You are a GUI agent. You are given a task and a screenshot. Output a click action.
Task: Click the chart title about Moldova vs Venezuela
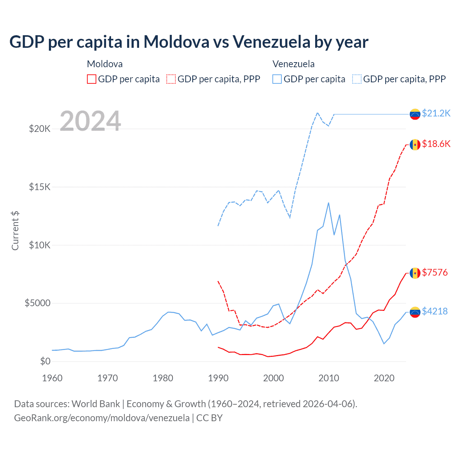[189, 42]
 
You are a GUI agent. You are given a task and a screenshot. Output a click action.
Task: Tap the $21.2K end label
[436, 114]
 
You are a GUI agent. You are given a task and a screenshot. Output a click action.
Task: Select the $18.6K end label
[436, 144]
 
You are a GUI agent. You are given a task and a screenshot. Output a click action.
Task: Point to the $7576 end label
[435, 273]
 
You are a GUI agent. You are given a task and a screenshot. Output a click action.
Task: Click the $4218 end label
[435, 311]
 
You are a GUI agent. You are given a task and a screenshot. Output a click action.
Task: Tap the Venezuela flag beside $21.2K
[415, 114]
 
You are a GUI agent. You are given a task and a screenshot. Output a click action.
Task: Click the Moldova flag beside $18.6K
[415, 144]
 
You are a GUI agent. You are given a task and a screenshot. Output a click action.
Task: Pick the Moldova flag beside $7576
[415, 273]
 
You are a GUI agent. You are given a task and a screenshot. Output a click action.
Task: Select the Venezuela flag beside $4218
[415, 312]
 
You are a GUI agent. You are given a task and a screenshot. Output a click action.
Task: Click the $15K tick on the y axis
[40, 187]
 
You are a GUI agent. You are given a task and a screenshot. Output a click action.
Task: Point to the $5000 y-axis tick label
[37, 303]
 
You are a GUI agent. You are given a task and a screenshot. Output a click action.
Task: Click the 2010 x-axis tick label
[329, 378]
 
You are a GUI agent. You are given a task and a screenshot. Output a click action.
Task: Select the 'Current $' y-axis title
[15, 231]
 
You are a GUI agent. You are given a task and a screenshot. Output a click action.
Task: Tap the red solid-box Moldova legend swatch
[92, 79]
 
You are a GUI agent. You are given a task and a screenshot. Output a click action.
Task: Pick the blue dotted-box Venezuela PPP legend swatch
[357, 79]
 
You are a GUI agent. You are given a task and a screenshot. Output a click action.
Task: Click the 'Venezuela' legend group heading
[293, 64]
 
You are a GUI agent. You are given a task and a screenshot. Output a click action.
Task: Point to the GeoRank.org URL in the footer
[102, 418]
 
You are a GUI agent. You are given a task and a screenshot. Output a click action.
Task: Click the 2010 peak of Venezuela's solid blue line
[328, 203]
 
